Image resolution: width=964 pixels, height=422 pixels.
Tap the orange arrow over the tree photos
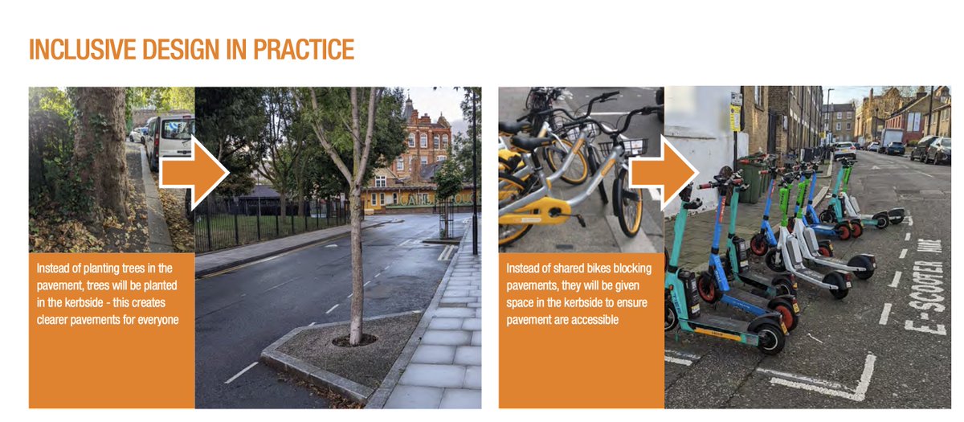(x=194, y=170)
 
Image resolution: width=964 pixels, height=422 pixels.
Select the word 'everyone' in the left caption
(x=157, y=318)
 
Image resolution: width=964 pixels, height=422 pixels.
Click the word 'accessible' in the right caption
(x=592, y=319)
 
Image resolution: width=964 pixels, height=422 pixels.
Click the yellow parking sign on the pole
(x=734, y=117)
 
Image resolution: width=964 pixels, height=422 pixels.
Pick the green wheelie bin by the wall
(x=750, y=181)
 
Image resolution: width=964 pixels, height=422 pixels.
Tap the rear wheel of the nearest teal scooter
(x=770, y=336)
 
